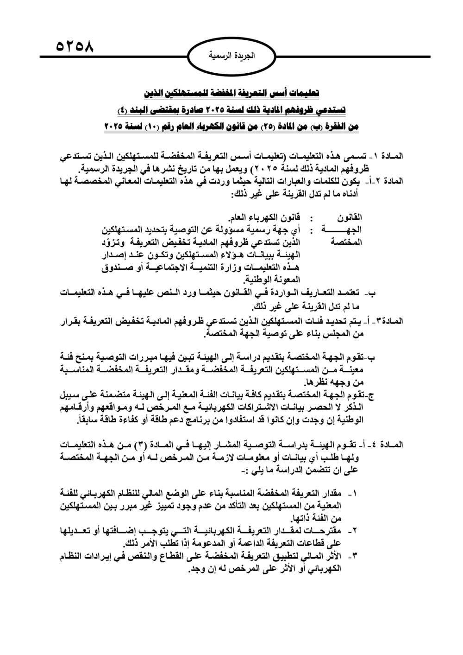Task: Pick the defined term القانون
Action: (x=351, y=217)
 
